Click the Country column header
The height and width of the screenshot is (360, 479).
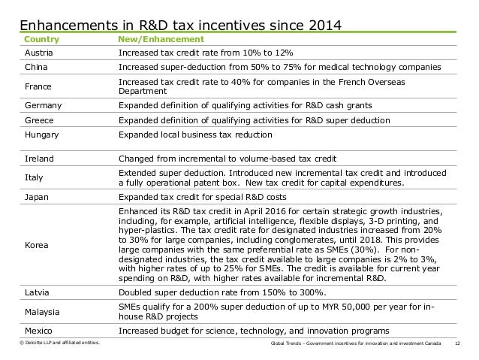pyautogui.click(x=41, y=39)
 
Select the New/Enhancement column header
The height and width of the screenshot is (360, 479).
pyautogui.click(x=161, y=39)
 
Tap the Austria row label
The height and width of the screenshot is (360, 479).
pyautogui.click(x=39, y=53)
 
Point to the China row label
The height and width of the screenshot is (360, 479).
pyautogui.click(x=36, y=67)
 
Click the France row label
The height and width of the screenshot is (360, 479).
pyautogui.click(x=38, y=86)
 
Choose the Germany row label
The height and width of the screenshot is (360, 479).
pyautogui.click(x=43, y=105)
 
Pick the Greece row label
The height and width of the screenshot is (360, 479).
pyautogui.click(x=39, y=120)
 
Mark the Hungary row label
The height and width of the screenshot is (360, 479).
pyautogui.click(x=41, y=135)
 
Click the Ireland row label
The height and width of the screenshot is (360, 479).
pyautogui.click(x=39, y=159)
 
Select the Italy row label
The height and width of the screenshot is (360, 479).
pyautogui.click(x=34, y=177)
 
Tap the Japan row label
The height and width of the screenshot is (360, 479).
pyautogui.click(x=36, y=197)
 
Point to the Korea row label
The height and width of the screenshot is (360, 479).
pyautogui.click(x=36, y=245)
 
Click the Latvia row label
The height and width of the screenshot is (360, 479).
pyautogui.click(x=37, y=292)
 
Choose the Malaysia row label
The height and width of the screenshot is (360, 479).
pyautogui.click(x=42, y=312)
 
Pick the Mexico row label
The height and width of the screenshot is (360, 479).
pyautogui.click(x=38, y=331)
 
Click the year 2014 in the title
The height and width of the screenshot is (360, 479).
pyautogui.click(x=325, y=25)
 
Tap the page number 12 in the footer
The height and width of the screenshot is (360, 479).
pyautogui.click(x=457, y=343)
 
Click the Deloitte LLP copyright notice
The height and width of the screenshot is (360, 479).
pyautogui.click(x=59, y=343)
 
